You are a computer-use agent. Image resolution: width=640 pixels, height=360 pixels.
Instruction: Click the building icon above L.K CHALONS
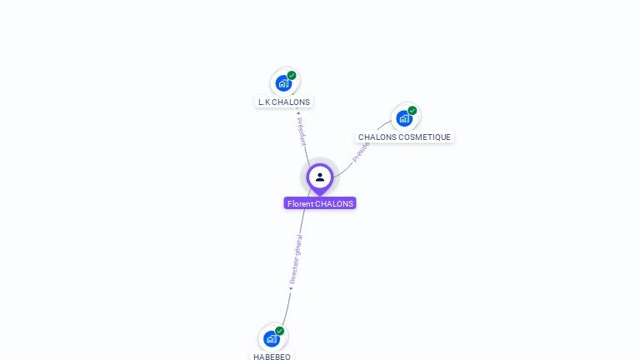[x=283, y=83]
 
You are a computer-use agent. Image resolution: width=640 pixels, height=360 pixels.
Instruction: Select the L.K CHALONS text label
[x=284, y=102]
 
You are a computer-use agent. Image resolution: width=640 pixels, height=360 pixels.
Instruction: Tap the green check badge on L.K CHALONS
[x=292, y=76]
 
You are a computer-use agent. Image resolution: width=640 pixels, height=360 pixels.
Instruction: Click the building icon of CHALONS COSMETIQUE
[x=404, y=118]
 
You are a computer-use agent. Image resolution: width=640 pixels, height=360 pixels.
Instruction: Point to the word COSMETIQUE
[x=425, y=137]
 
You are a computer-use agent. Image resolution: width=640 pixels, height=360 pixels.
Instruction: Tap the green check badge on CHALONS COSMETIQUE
[x=412, y=111]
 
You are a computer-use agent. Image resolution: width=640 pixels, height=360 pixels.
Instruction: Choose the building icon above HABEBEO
[x=271, y=339]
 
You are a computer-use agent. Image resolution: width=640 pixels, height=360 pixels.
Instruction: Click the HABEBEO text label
[x=272, y=357]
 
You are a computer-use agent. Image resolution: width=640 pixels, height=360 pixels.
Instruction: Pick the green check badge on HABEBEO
[x=280, y=331]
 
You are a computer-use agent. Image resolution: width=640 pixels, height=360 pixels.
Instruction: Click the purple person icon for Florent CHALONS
[x=320, y=177]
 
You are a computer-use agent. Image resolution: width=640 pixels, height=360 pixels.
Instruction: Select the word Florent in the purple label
[x=300, y=203]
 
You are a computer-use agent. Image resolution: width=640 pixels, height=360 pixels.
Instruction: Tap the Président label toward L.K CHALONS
[x=302, y=131]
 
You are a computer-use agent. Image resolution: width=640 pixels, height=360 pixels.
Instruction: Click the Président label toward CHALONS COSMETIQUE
[x=360, y=151]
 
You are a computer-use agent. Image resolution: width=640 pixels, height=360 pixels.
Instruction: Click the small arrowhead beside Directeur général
[x=291, y=288]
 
